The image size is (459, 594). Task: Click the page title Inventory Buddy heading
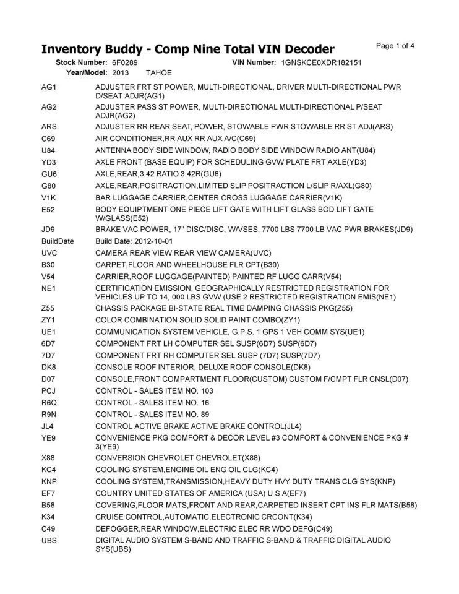click(187, 49)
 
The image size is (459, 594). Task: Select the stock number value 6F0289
click(125, 63)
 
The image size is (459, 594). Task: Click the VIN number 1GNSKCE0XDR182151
click(320, 63)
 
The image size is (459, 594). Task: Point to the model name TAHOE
click(158, 73)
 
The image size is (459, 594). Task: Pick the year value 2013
click(120, 73)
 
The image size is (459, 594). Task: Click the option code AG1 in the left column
click(49, 87)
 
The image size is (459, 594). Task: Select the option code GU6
click(49, 174)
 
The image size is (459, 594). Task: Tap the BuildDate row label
click(58, 241)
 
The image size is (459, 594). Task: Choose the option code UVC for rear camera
click(49, 253)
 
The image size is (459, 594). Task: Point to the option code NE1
click(49, 288)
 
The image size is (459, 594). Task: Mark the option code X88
click(49, 458)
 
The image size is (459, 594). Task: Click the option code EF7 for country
click(49, 493)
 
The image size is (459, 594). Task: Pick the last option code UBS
click(49, 540)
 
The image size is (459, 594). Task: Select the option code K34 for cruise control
click(49, 517)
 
